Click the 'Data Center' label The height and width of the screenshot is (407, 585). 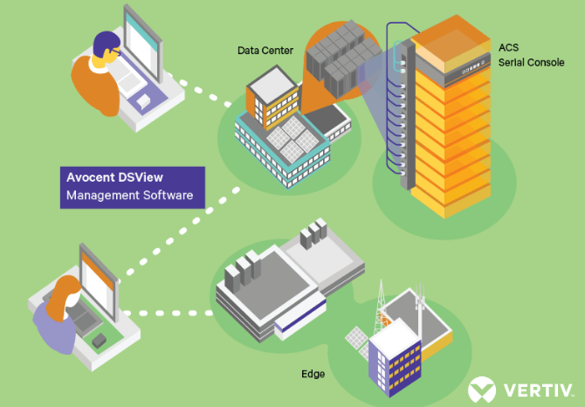click(x=265, y=51)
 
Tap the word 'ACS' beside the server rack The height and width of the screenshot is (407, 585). click(x=508, y=46)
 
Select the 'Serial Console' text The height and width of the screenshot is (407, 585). click(x=530, y=62)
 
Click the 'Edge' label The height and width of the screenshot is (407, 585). click(x=313, y=374)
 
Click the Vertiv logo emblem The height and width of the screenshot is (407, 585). click(x=482, y=388)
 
